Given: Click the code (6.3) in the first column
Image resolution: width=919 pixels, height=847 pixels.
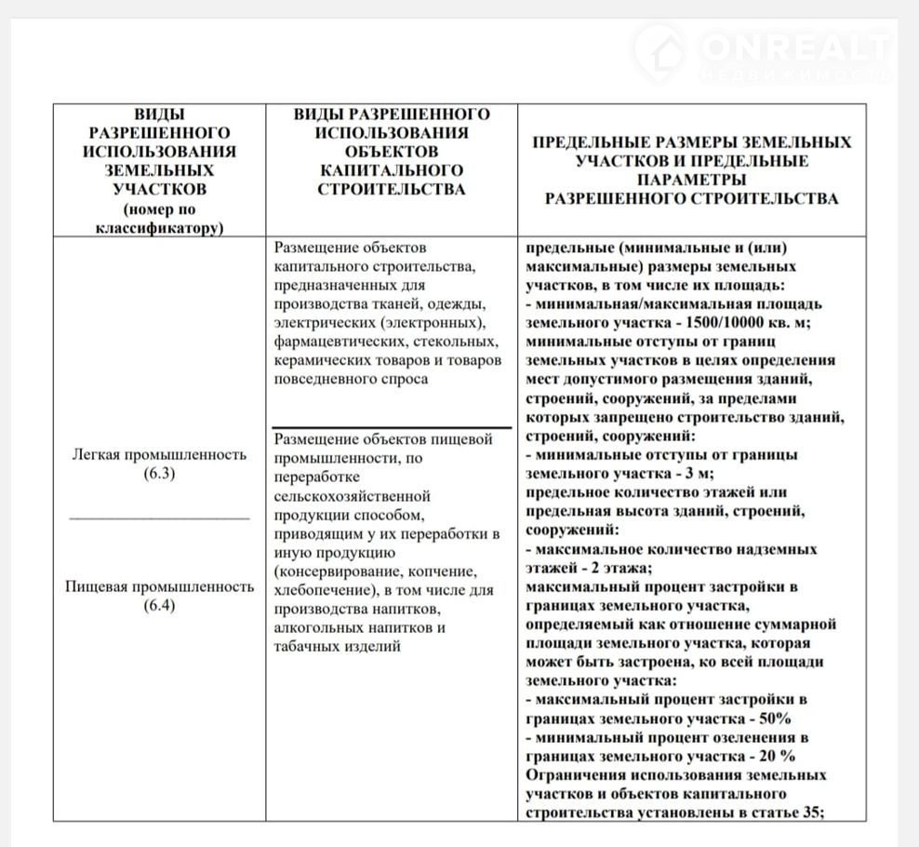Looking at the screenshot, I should tap(159, 474).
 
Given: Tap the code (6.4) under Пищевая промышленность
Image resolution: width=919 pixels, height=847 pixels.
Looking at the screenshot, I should tap(159, 607).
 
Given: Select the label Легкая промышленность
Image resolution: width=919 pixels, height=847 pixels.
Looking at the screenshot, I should tap(159, 454).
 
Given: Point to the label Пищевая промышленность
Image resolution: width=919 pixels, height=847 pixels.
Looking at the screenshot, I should tap(159, 587).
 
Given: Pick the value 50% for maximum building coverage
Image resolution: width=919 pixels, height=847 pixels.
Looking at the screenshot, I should tap(773, 719).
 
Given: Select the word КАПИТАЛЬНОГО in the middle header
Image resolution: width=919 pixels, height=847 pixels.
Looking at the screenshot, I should tap(392, 170).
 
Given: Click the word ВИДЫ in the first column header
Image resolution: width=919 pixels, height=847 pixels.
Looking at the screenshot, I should tap(159, 114).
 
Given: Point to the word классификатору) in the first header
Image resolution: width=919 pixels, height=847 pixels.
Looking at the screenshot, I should tap(159, 227).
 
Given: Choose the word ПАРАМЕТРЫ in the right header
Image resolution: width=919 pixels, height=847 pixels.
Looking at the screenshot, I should tap(691, 180).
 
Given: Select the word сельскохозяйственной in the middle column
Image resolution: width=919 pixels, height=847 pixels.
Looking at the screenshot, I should tap(353, 496).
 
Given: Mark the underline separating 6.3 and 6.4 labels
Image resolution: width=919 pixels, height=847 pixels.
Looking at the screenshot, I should tap(159, 517).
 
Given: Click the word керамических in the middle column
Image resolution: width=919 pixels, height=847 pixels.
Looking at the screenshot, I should tap(321, 360).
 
